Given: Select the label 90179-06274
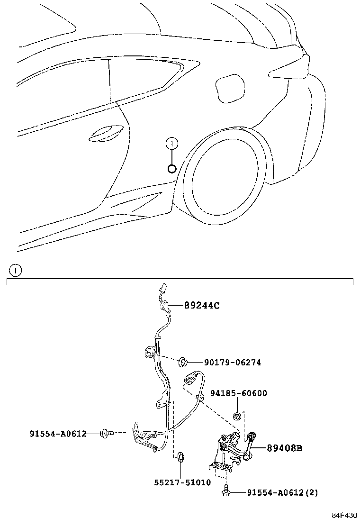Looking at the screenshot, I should (232, 363).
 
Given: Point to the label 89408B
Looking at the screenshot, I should (284, 447).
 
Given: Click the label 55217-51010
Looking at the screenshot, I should (182, 482).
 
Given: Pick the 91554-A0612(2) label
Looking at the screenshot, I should (282, 493).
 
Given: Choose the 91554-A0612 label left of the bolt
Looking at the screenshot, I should (58, 433).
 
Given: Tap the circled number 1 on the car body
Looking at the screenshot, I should (172, 143).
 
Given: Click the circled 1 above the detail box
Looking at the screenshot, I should (16, 271).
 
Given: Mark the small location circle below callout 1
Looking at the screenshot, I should (172, 168).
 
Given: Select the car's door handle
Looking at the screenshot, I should (107, 133).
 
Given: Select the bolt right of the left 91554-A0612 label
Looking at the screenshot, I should (106, 433).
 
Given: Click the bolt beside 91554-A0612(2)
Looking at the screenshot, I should (226, 491).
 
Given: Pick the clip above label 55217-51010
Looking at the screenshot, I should (180, 457).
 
